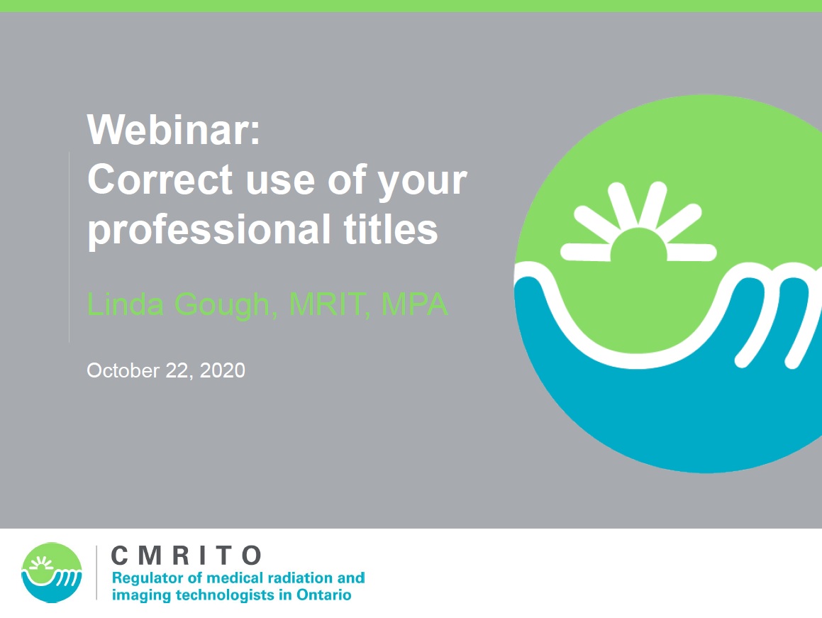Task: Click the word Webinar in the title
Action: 173,129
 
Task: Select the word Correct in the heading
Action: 160,180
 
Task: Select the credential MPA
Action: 415,304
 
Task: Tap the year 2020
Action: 222,370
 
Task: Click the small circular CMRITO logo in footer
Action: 51,573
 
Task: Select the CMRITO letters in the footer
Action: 186,556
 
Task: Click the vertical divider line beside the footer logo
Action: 97,573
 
